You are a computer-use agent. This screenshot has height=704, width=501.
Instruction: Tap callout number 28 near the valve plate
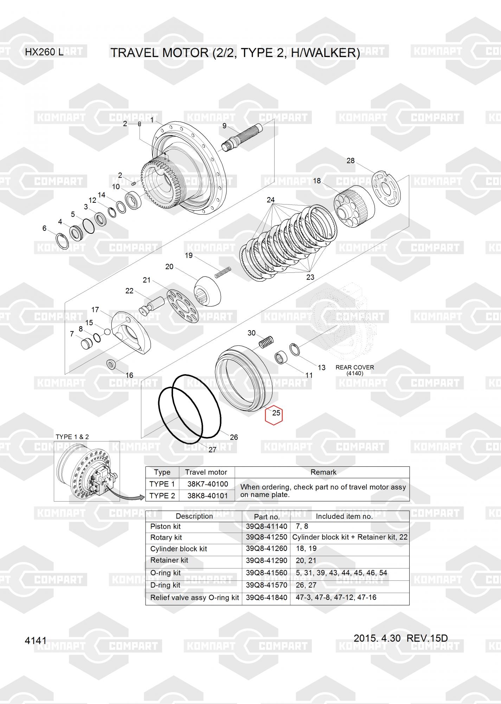click(x=351, y=161)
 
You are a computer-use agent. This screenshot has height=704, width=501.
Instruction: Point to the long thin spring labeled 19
click(x=223, y=272)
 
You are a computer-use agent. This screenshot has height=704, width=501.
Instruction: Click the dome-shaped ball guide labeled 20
click(x=207, y=291)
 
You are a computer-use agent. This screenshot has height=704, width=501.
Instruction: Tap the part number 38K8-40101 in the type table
click(x=207, y=496)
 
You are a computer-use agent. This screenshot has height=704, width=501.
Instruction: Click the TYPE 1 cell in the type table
click(x=162, y=484)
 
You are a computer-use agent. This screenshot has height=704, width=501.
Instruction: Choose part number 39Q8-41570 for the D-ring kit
click(x=266, y=585)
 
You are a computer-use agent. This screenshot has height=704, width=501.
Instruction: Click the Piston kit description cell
click(x=165, y=527)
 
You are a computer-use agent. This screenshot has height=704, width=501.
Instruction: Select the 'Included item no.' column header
click(x=344, y=516)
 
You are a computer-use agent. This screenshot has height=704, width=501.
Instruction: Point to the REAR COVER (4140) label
click(x=355, y=370)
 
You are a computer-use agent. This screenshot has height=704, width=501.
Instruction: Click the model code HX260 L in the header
click(x=44, y=52)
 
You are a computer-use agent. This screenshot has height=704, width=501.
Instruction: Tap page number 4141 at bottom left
click(x=36, y=641)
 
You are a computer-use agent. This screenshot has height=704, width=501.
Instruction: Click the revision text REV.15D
click(x=427, y=638)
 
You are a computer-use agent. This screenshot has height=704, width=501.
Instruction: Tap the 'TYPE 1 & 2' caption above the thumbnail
click(x=72, y=437)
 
